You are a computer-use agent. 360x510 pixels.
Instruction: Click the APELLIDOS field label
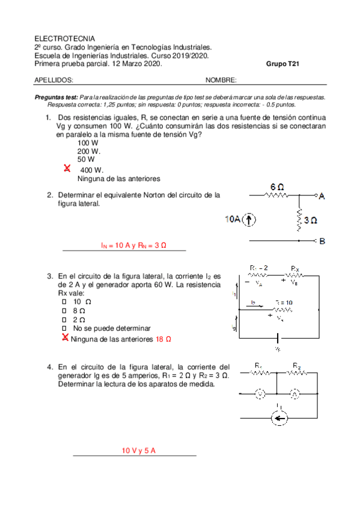point(54,79)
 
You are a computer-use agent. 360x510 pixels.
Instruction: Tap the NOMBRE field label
point(221,79)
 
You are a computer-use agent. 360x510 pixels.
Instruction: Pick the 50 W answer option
point(86,159)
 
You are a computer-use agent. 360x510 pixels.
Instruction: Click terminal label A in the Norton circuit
point(322,196)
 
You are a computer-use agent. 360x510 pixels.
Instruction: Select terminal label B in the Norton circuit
point(322,241)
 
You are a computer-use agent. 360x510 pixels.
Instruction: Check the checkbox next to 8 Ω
point(64,310)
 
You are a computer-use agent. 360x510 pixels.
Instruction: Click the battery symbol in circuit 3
point(276,337)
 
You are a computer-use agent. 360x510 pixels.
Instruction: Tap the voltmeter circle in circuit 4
point(260,394)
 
